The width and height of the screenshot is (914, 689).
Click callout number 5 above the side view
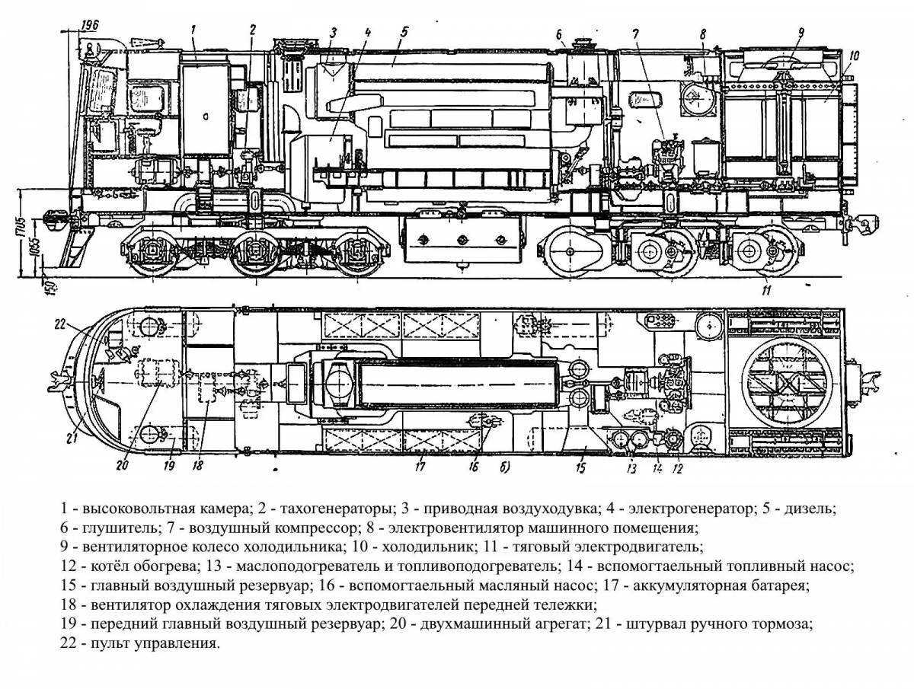click(x=404, y=33)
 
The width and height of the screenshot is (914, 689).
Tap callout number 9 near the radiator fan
click(x=801, y=33)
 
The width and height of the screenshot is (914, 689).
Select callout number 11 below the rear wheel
click(x=766, y=290)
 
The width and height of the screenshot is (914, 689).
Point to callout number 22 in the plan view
click(x=60, y=325)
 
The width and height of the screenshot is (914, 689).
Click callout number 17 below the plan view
click(x=420, y=467)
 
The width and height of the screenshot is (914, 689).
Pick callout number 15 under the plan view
click(x=580, y=467)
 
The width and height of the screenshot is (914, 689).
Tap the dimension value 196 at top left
click(x=90, y=25)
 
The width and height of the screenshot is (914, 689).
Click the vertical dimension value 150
click(x=51, y=286)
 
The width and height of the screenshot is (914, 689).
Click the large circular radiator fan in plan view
click(x=787, y=383)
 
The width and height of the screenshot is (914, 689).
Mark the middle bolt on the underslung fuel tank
click(x=462, y=240)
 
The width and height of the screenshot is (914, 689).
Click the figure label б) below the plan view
click(x=505, y=467)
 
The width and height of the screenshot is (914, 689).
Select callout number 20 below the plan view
click(x=121, y=466)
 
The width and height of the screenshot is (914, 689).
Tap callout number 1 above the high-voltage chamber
click(x=193, y=30)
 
